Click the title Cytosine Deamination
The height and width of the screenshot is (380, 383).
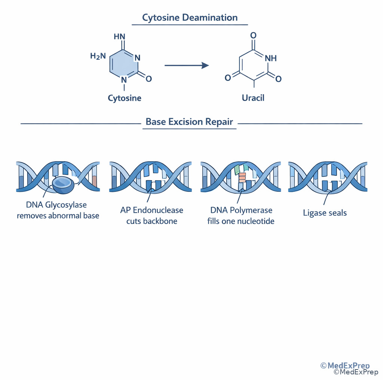tap(190, 18)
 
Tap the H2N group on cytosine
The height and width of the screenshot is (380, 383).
tap(98, 56)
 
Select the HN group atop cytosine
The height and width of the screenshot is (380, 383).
tap(119, 37)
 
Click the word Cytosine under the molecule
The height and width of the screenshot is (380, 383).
tap(125, 98)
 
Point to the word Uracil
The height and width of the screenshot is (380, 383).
tap(253, 98)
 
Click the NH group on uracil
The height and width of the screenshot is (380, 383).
tap(270, 58)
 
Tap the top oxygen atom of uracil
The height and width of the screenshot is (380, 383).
tap(253, 36)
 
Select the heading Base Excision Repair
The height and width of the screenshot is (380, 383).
tap(189, 122)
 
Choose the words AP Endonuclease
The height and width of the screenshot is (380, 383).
tap(151, 210)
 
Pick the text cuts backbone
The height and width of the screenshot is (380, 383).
tap(151, 221)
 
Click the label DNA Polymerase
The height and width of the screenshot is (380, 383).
tap(241, 210)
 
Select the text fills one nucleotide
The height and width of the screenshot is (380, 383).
tap(241, 221)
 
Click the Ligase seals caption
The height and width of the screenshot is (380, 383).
tap(325, 213)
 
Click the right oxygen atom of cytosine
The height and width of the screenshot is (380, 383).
tap(148, 79)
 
